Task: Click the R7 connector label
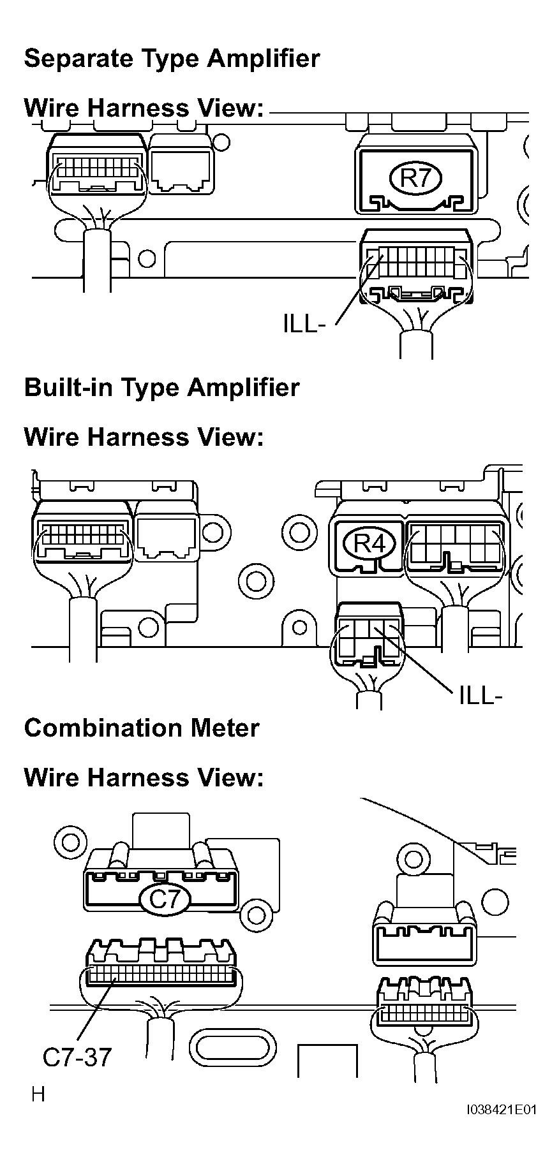tap(416, 177)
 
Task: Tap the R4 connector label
tap(369, 544)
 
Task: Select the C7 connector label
tap(164, 899)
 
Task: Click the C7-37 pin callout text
tap(77, 1057)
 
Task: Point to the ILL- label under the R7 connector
tap(304, 324)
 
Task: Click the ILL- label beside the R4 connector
tap(481, 695)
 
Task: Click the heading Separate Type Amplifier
tap(172, 59)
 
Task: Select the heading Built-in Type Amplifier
tap(161, 388)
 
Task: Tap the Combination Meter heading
tap(142, 728)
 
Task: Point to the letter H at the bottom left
tap(38, 1094)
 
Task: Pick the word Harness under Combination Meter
tap(138, 777)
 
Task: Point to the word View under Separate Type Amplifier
tap(229, 108)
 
